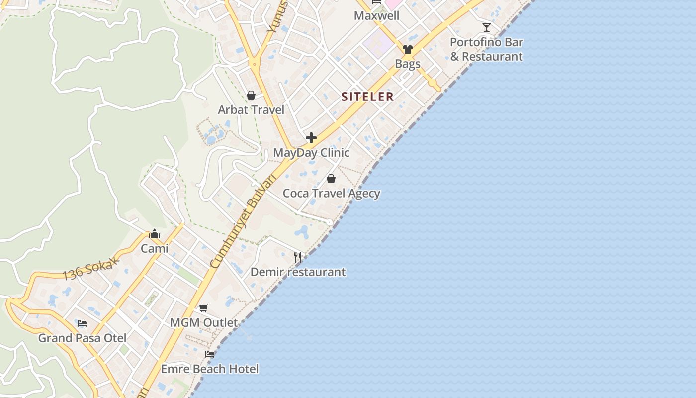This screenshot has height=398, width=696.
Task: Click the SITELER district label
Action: [367, 97]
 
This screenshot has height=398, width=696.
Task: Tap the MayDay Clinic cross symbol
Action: [311, 138]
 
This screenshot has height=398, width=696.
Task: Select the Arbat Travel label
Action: [251, 110]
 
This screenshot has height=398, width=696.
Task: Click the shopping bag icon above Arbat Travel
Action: [251, 95]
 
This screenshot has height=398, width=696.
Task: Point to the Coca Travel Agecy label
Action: [332, 193]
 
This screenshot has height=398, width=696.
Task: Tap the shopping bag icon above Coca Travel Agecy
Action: [331, 179]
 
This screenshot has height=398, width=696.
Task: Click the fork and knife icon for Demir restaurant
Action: [298, 257]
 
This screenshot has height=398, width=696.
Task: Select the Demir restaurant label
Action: [298, 272]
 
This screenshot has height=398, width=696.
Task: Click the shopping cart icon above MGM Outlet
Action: [204, 308]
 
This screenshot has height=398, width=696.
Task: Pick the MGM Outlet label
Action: [204, 323]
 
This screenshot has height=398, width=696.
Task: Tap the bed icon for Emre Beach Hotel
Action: [210, 354]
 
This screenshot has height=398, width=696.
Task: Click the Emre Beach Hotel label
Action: [210, 369]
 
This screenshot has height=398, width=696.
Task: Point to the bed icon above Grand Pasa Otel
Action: [82, 323]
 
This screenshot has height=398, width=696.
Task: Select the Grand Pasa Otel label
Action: [82, 338]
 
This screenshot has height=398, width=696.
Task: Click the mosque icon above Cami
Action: [155, 234]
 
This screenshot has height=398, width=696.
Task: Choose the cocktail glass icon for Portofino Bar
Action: [487, 27]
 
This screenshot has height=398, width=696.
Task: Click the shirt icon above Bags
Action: [408, 49]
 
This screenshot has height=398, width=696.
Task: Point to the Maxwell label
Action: [376, 16]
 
